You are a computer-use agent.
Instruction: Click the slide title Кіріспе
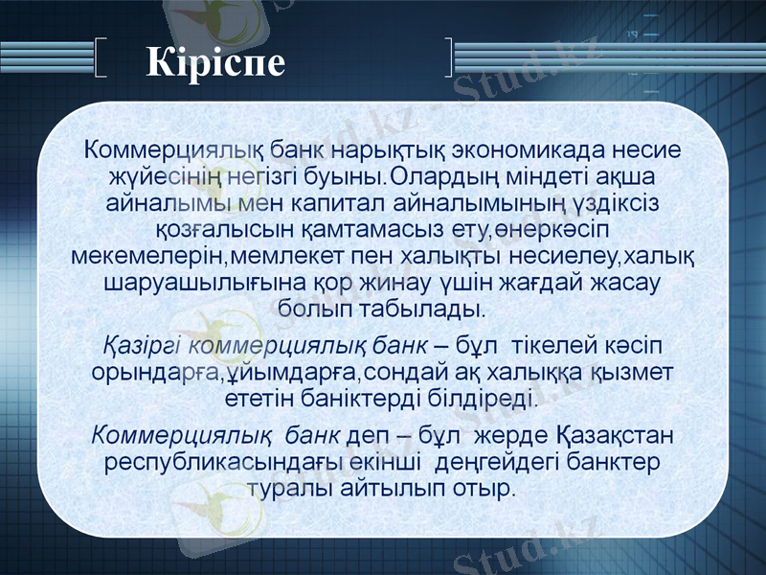[216, 61]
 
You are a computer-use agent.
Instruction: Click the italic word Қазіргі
[142, 343]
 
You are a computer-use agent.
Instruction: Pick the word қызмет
[634, 370]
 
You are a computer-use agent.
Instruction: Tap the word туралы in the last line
[291, 488]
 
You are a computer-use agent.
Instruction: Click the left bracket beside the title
[103, 57]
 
